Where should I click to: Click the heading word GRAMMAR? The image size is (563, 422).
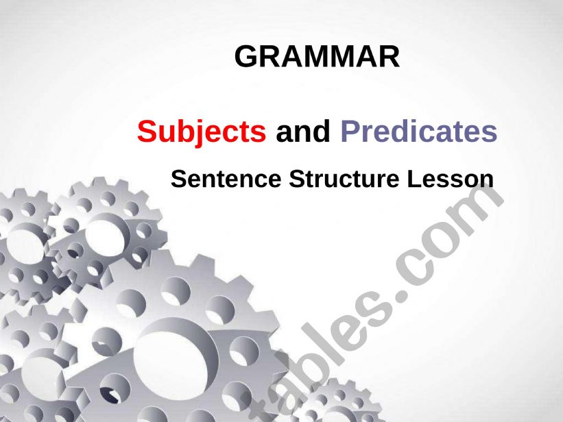point(317,56)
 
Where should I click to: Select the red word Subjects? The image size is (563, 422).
point(202,132)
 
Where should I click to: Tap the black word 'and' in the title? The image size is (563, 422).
point(302,131)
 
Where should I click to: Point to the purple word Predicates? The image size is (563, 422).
point(419,131)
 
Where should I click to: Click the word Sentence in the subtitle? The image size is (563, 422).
point(226,179)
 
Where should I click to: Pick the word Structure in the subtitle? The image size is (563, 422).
point(344,179)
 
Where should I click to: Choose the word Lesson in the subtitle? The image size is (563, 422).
point(451,179)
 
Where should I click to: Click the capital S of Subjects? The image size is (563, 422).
point(146,131)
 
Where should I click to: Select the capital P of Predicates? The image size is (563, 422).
point(349,131)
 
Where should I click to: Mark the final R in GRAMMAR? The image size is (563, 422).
point(390,56)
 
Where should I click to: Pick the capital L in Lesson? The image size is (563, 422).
point(414,179)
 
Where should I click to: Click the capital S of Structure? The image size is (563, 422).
point(296,179)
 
